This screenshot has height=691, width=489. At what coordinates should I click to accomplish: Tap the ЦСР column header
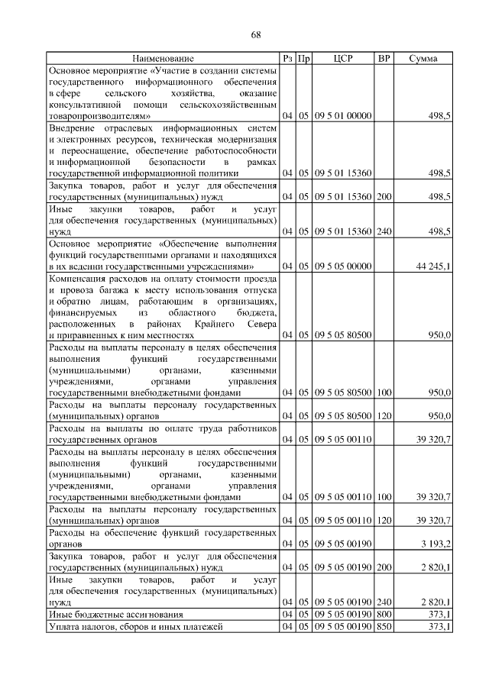coord(343,58)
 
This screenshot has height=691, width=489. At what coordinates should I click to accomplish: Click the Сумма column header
coord(423,58)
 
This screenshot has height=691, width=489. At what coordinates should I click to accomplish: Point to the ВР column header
coord(384,58)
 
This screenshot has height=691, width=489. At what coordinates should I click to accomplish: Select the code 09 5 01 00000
coord(343,115)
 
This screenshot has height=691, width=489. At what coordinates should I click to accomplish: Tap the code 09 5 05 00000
coord(343,266)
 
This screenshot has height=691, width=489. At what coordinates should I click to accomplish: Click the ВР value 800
coord(384,614)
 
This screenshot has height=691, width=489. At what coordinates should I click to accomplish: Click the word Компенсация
coord(80,279)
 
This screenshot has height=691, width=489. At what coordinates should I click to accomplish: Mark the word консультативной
coord(84,104)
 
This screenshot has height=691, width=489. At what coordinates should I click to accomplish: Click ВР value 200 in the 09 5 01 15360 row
coord(384,197)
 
